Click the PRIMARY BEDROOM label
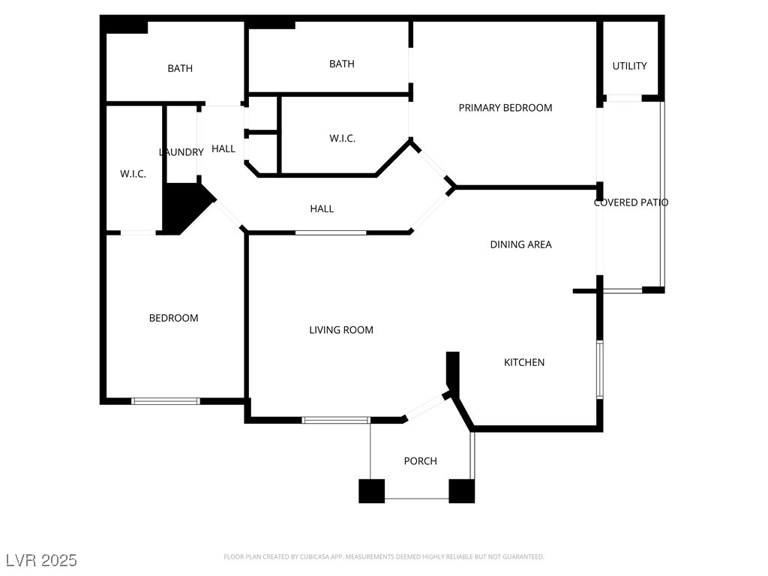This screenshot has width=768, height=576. [x=505, y=108]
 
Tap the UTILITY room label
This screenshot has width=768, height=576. [x=629, y=66]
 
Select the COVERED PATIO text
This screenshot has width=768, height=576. [x=631, y=202]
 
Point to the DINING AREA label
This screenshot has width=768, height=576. [x=520, y=244]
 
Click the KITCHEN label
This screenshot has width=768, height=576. [x=523, y=363]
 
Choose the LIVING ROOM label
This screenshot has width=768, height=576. [x=340, y=330]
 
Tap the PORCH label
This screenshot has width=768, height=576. [x=420, y=461]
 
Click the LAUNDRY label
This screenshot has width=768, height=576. [x=181, y=152]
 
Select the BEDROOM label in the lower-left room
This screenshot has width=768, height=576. [x=173, y=318]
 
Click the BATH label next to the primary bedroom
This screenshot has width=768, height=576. [x=341, y=64]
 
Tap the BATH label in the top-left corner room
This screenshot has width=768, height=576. [x=179, y=68]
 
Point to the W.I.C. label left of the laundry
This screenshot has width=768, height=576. [x=133, y=174]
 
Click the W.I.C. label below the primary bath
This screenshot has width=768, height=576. [x=342, y=139]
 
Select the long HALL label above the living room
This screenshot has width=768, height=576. [x=322, y=208]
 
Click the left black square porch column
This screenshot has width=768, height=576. [x=371, y=490]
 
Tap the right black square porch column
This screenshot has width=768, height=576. [x=461, y=490]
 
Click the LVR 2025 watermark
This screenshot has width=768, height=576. [x=41, y=560]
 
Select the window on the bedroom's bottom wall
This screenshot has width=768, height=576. [x=166, y=401]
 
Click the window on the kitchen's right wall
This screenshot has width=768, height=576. [x=599, y=370]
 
